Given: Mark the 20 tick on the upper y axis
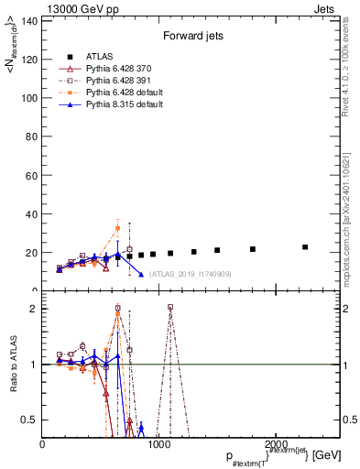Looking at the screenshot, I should click(x=32, y=253).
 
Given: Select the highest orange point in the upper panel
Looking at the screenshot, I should click(x=117, y=228).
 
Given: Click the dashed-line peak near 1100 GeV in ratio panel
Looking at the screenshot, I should click(x=170, y=308).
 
